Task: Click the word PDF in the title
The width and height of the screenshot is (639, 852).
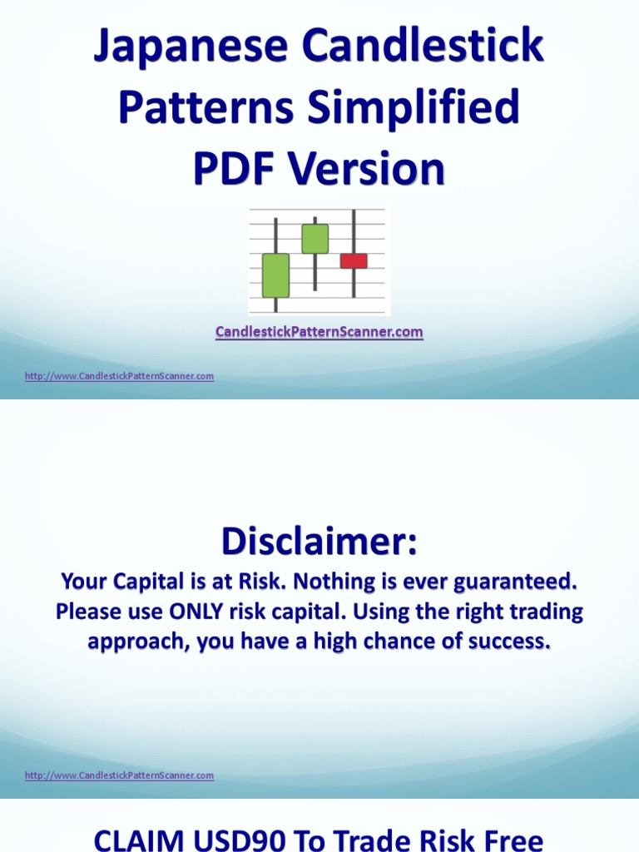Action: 236,170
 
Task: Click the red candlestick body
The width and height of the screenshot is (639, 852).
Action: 354,260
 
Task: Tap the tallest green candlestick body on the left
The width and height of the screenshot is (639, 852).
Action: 275,275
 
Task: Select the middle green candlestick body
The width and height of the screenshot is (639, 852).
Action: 315,239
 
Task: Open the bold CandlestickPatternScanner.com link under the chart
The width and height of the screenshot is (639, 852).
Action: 319,332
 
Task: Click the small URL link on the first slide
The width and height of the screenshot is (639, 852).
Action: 119,376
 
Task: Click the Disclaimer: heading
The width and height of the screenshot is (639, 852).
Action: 319,542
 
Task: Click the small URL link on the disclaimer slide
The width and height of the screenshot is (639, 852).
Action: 119,775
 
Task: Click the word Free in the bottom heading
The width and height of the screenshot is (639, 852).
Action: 510,839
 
